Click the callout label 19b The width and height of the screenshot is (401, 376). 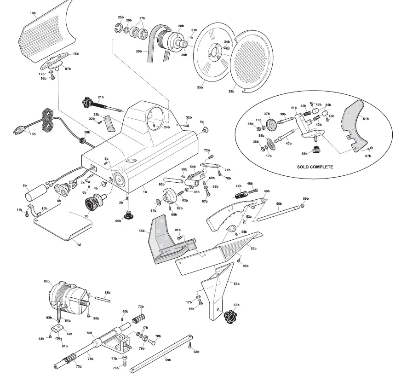tap(33, 13)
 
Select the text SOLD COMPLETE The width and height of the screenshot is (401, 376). tap(315, 167)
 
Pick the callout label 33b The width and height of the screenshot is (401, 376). tap(200, 87)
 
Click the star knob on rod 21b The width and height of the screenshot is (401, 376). tap(86, 101)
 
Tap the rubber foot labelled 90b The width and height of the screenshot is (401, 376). tap(128, 215)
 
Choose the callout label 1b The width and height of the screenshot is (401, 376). tap(145, 191)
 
